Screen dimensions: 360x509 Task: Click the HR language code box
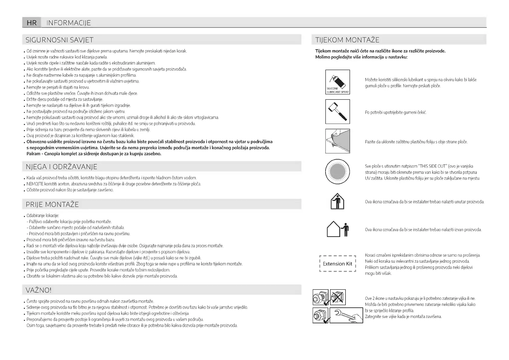pos(32,23)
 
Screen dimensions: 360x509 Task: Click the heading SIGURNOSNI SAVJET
pos(60,40)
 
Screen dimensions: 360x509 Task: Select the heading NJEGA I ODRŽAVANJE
pos(61,167)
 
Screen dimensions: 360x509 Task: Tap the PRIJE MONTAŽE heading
pos(52,205)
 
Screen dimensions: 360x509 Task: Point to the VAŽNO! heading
pos(39,290)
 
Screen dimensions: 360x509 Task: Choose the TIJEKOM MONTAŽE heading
pos(347,40)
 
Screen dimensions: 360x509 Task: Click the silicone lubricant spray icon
pos(338,82)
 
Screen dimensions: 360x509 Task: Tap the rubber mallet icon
pos(338,112)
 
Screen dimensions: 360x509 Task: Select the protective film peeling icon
pos(338,141)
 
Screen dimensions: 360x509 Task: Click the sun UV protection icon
pos(338,171)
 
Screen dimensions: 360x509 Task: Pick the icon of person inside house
pos(337,201)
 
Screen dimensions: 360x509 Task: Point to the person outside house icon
pos(338,229)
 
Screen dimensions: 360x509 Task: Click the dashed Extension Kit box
pos(338,264)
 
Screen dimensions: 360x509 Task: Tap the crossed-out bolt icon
pos(338,297)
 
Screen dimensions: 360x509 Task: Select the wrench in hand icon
pos(346,315)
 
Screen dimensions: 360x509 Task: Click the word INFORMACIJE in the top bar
pos(69,23)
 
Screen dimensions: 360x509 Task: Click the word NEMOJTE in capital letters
pos(35,184)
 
